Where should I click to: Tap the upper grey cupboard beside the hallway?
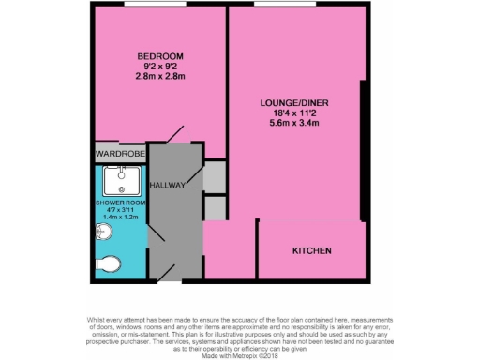(215, 176)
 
